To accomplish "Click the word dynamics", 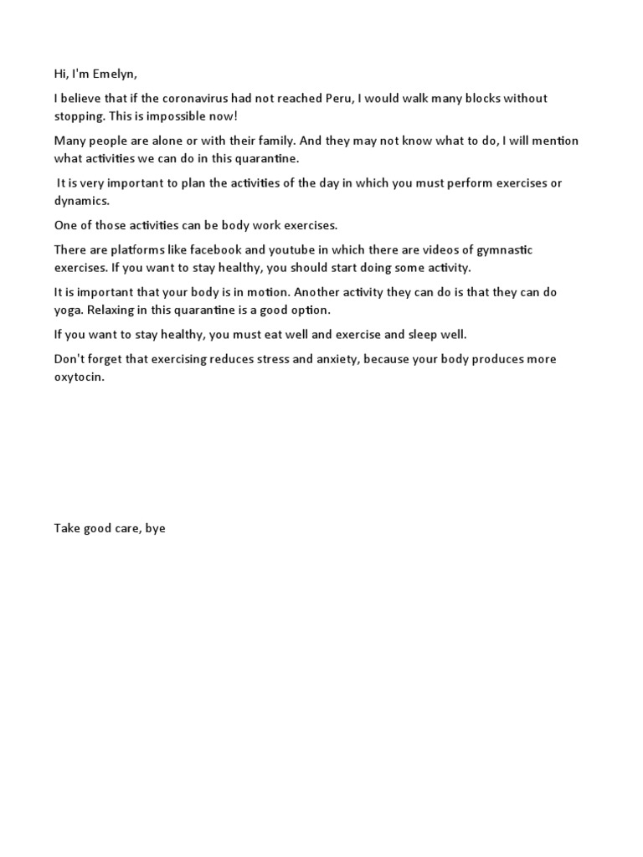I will click(x=83, y=201).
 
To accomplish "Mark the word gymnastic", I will click(x=504, y=251).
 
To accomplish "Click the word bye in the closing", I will click(x=155, y=529).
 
